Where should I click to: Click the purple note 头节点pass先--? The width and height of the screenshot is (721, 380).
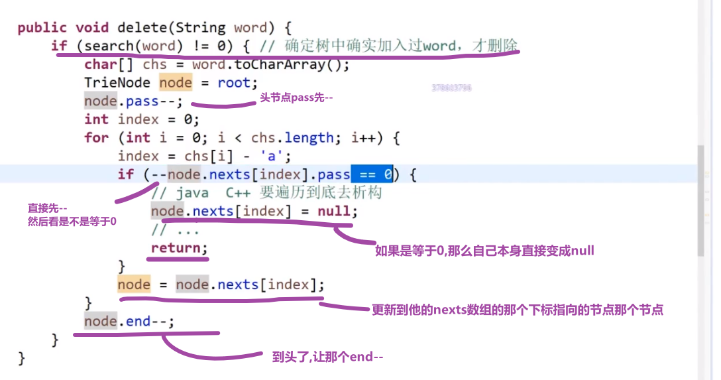(297, 97)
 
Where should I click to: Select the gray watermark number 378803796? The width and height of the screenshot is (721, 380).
(451, 88)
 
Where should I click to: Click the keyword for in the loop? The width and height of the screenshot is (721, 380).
(96, 138)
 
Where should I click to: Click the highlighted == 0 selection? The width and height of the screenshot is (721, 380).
(372, 174)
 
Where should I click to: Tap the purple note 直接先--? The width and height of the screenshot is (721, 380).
(47, 207)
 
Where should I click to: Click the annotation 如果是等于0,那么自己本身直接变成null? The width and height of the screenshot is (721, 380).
(484, 251)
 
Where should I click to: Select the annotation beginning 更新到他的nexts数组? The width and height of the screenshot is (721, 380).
(518, 310)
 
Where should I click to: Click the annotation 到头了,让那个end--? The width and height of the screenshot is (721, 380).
(327, 357)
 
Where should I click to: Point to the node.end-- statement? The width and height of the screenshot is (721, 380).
(129, 322)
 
